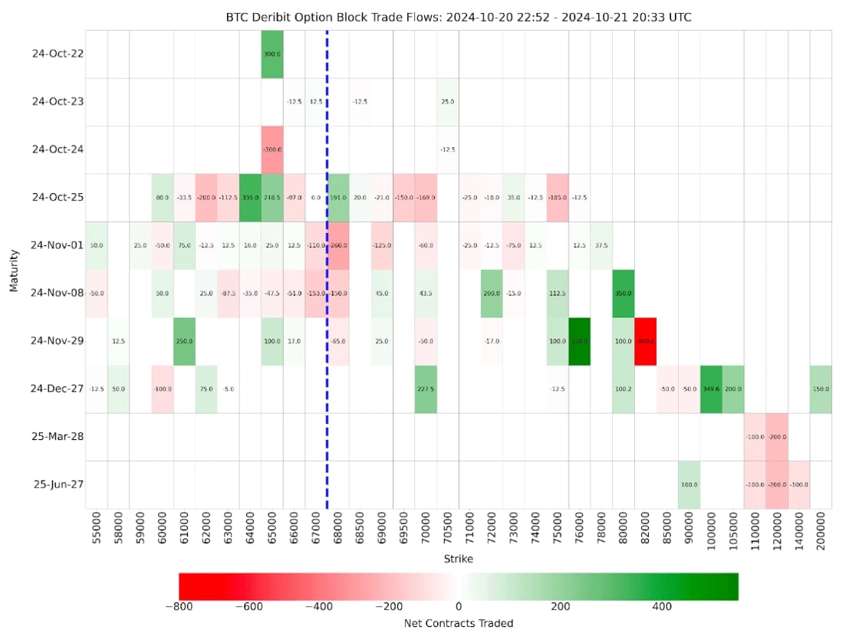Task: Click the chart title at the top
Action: point(459,17)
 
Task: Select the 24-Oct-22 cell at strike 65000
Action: point(272,54)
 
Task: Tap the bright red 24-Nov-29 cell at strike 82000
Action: point(646,341)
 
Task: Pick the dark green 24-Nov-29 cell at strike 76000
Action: point(580,341)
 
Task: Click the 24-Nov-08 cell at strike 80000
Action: point(624,294)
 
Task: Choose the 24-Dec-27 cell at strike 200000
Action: point(821,389)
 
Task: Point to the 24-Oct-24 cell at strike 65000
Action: point(272,149)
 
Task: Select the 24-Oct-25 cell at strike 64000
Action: point(250,198)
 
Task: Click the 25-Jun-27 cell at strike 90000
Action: point(690,484)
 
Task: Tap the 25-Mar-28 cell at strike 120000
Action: point(778,437)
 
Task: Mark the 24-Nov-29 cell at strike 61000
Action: point(184,341)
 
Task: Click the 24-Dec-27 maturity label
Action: point(58,389)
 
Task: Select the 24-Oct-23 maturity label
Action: point(58,102)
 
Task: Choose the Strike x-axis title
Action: point(459,559)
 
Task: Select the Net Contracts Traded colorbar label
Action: point(459,623)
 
